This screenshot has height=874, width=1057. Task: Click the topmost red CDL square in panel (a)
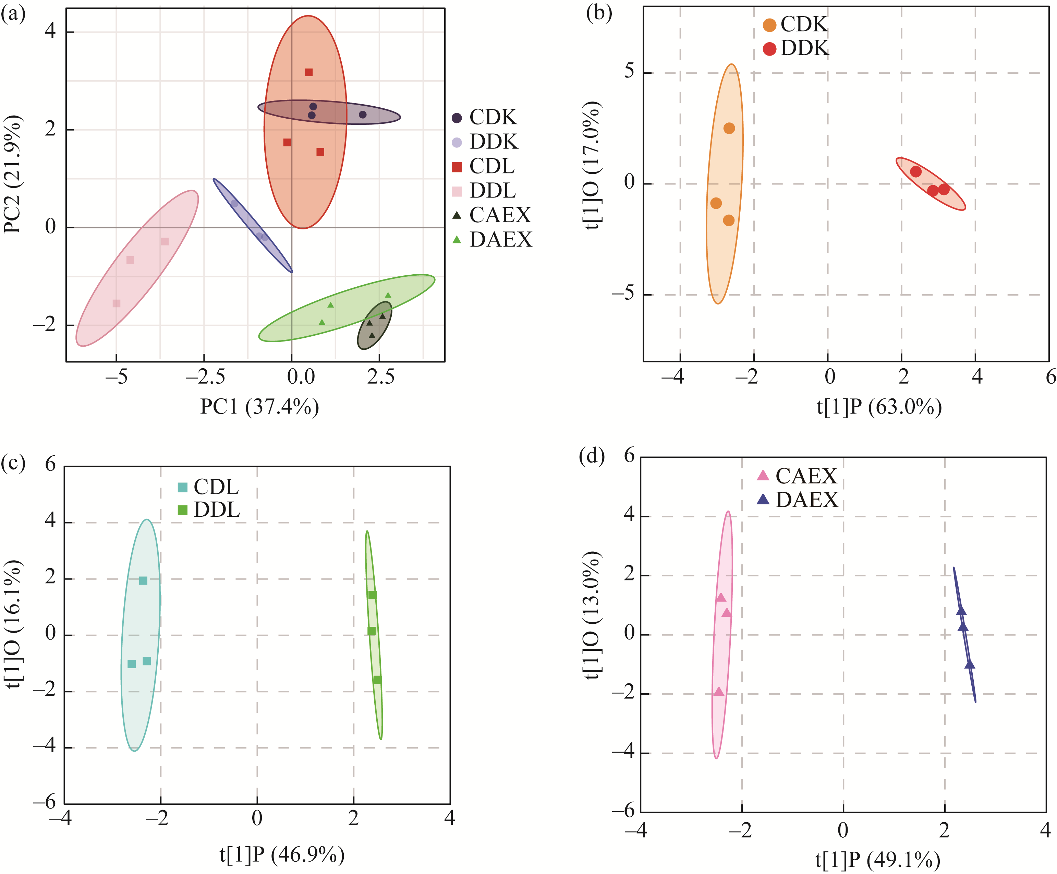pos(308,72)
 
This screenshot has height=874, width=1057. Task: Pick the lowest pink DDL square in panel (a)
pos(116,303)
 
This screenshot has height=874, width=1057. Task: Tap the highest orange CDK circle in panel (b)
pos(729,128)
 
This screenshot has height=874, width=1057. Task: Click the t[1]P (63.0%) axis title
pos(879,407)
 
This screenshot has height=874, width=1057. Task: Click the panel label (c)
pos(13,462)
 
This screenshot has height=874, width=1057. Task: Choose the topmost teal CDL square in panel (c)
pos(143,580)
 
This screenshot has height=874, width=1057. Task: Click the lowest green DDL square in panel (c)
pos(377,680)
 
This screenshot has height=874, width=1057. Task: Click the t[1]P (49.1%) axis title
pos(878,860)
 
